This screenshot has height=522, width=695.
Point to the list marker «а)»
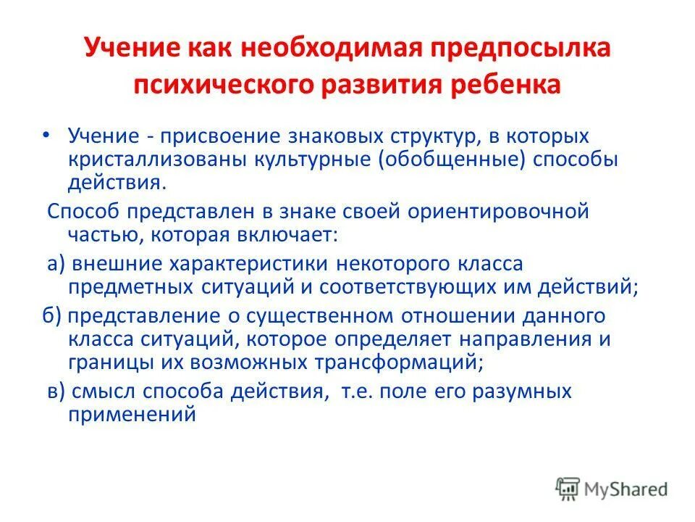click(x=57, y=264)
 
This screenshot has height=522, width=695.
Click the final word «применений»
click(x=132, y=414)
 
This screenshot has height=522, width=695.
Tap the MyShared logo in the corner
click(x=612, y=488)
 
